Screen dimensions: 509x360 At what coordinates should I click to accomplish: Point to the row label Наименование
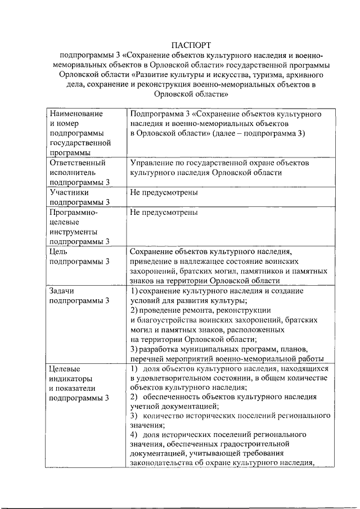pyautogui.click(x=76, y=114)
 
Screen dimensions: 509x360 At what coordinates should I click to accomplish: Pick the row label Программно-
pyautogui.click(x=74, y=213)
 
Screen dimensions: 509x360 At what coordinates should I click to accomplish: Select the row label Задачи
pyautogui.click(x=62, y=291)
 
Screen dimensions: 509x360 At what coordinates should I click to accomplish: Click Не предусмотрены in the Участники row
pyautogui.click(x=163, y=192)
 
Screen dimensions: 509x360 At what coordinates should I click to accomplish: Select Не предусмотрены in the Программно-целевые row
pyautogui.click(x=163, y=213)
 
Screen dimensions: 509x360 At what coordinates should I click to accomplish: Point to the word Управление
pyautogui.click(x=152, y=163)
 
